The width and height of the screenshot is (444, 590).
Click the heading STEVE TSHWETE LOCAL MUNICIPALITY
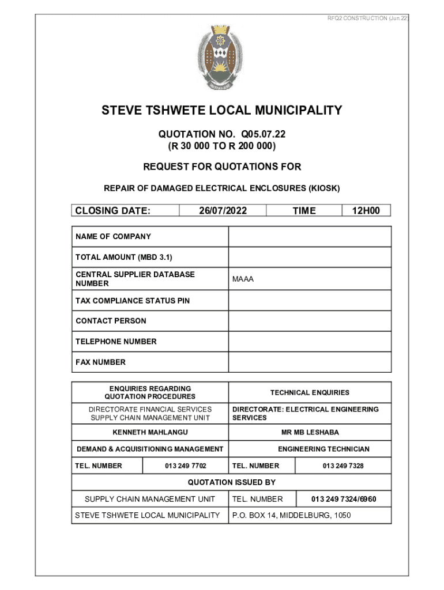[222, 110]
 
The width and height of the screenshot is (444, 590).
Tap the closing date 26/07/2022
[223, 211]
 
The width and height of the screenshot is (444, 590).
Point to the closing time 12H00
[366, 211]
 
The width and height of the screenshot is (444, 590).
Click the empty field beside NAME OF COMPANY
[310, 237]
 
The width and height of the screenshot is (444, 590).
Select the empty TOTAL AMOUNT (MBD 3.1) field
[310, 257]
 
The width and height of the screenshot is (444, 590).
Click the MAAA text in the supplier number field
[243, 279]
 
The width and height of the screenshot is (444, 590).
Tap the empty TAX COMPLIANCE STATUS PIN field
[310, 301]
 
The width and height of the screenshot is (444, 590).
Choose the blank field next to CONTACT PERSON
[310, 321]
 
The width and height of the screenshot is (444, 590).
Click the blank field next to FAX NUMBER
[310, 362]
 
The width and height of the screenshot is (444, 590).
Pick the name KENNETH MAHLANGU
[150, 432]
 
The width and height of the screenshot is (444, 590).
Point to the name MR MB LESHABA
[310, 432]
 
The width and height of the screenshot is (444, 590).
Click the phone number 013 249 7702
[185, 466]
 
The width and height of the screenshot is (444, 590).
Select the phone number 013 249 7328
[343, 466]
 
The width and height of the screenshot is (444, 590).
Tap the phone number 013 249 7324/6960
[344, 499]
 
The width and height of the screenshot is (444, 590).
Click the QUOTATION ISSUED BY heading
[231, 482]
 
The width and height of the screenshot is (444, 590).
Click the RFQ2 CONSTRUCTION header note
[367, 18]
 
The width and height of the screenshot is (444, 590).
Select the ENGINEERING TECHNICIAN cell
[323, 449]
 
